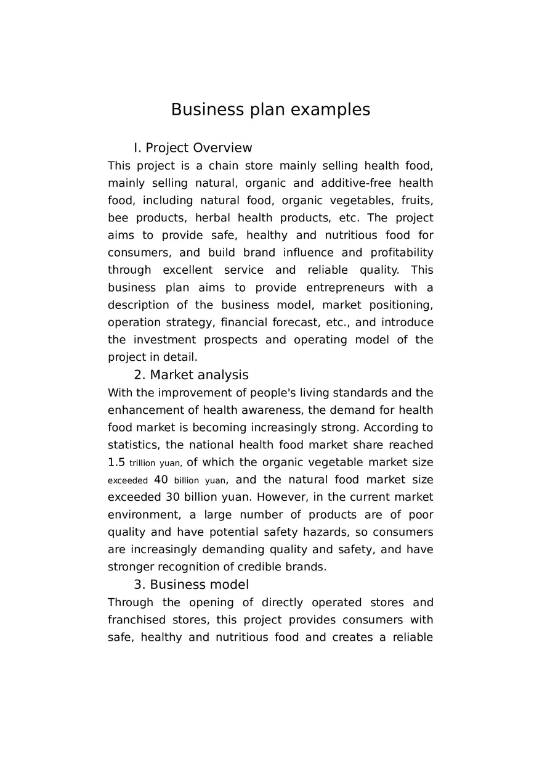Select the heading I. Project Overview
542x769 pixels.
point(193,148)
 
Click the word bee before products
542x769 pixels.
point(118,218)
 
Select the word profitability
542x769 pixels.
point(402,253)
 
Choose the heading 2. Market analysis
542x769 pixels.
point(191,375)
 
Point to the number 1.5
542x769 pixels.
point(116,463)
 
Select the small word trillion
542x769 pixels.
point(142,463)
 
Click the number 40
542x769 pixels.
point(161,480)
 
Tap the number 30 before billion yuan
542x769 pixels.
point(173,497)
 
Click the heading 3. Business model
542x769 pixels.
point(191,585)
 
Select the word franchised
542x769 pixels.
point(137,620)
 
